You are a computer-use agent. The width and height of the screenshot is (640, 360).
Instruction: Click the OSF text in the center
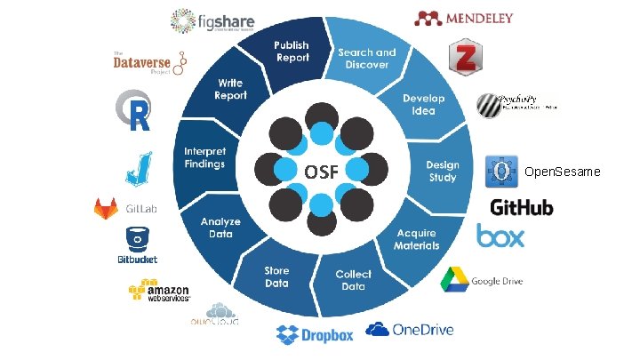(x=321, y=171)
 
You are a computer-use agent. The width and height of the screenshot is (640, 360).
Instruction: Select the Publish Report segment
(x=291, y=52)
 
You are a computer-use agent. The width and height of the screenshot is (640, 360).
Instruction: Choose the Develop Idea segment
(x=423, y=103)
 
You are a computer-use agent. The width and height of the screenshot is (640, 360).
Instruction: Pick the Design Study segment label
(x=443, y=171)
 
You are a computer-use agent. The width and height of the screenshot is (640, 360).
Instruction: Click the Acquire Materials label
(x=418, y=238)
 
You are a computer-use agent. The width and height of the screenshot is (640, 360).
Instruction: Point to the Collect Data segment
(x=353, y=280)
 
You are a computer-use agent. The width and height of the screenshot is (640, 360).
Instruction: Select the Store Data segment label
(x=276, y=276)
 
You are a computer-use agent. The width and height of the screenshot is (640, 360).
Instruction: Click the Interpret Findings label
(x=204, y=158)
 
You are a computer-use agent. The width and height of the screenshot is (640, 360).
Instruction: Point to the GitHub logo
(x=522, y=207)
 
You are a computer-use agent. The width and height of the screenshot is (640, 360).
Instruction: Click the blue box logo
(x=500, y=236)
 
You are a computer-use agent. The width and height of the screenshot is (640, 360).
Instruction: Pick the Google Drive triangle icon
(x=454, y=279)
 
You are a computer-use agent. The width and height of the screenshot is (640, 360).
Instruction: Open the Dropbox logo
(x=315, y=334)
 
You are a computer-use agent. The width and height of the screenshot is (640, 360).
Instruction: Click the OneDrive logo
(x=410, y=330)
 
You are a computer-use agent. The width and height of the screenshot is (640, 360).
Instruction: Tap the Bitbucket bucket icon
(x=138, y=239)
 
